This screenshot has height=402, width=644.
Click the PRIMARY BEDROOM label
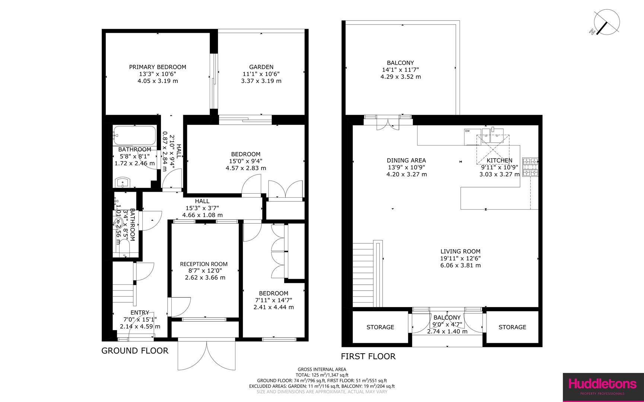coord(158,67)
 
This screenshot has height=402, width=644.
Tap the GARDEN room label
coord(261,67)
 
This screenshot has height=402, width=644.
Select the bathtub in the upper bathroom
coord(134,135)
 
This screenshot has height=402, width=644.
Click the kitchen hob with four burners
coord(530,167)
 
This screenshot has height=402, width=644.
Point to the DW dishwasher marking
coord(467,131)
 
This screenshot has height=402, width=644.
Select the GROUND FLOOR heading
coord(135,351)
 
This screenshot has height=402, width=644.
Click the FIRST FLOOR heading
coord(368,356)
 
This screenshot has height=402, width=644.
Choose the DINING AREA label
coord(406,160)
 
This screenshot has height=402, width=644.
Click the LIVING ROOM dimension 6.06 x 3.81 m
coord(460,265)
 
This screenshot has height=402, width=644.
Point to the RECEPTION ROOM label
coord(204,264)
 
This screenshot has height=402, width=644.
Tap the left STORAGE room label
coord(380,327)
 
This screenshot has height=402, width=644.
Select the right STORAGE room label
coord(512,327)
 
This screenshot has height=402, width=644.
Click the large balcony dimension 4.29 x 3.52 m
coord(400,77)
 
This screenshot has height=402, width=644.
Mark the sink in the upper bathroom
coord(122,183)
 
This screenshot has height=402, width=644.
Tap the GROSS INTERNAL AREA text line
coord(321,369)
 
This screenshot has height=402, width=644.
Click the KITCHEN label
coord(499,160)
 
